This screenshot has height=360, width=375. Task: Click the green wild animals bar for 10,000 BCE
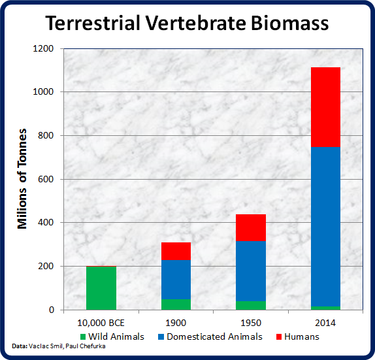click(101, 288)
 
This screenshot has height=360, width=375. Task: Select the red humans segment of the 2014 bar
click(325, 107)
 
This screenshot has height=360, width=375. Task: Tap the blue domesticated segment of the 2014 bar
click(325, 227)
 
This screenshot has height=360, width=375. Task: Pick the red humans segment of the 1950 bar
click(251, 228)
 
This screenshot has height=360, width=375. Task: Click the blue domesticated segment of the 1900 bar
click(176, 280)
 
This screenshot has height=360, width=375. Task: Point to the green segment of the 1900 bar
click(176, 304)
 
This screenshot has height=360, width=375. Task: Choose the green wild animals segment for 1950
click(251, 306)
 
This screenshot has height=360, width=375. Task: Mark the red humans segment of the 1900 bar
click(176, 251)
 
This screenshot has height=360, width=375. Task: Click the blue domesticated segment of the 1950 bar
click(251, 271)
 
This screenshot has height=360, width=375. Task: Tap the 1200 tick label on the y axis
click(43, 48)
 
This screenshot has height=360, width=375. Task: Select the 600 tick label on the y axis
click(46, 179)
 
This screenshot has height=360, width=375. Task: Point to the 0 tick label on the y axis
click(52, 310)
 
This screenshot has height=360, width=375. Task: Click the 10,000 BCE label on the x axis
click(101, 323)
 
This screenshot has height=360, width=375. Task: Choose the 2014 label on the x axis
click(325, 323)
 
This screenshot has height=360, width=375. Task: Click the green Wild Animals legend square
click(83, 336)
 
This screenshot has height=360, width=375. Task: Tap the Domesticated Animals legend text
click(214, 336)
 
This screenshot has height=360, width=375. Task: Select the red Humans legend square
click(279, 336)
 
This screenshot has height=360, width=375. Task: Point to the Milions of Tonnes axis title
click(22, 178)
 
